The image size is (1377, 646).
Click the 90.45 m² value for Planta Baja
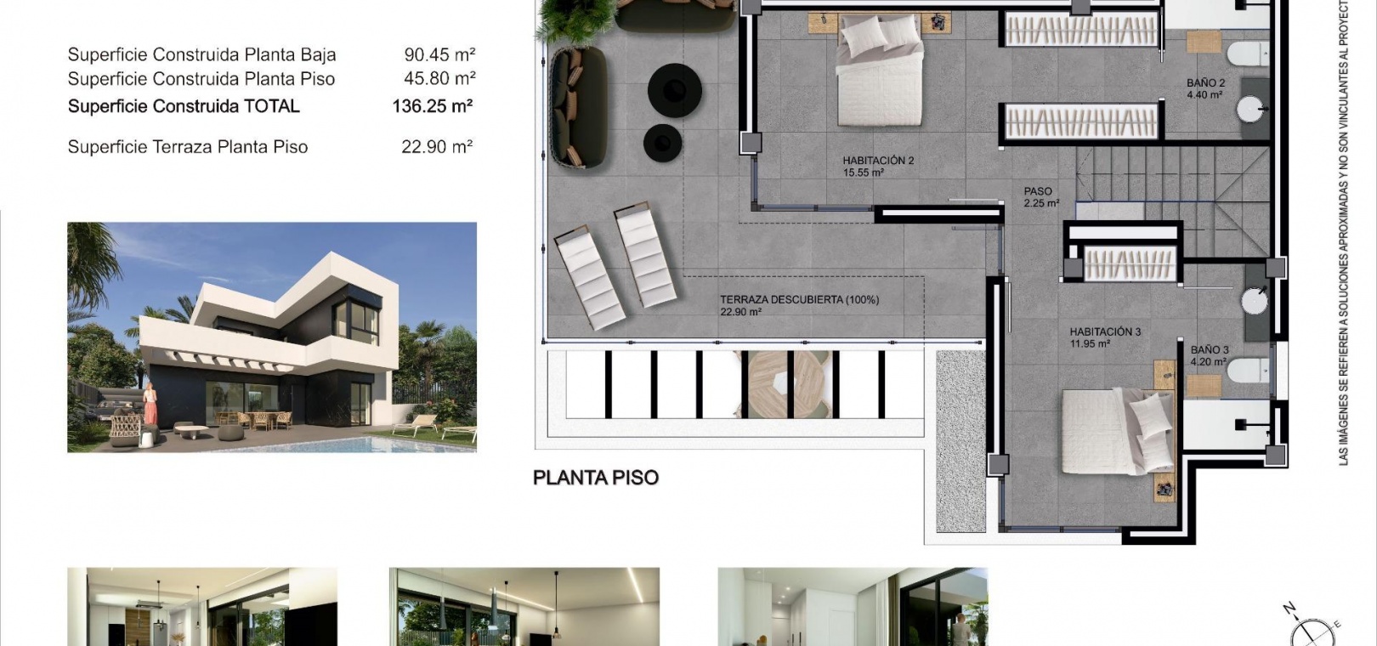(439, 54)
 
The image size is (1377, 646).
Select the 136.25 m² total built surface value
(432, 106)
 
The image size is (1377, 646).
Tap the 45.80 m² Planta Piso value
(439, 79)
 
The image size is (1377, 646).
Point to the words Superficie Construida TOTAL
(184, 106)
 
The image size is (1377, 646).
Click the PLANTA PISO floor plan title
(596, 478)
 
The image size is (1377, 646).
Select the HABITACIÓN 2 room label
(878, 161)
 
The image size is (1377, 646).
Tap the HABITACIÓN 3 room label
(1105, 331)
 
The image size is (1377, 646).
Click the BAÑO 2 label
(1206, 83)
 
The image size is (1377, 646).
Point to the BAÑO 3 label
(1210, 350)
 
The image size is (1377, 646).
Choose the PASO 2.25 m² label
(1041, 196)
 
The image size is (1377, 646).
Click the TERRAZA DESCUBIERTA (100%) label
(799, 300)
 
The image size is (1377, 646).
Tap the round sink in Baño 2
(1251, 110)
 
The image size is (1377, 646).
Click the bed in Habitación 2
(880, 70)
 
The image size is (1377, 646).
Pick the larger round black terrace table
(674, 90)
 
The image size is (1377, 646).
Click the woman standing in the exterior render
(150, 404)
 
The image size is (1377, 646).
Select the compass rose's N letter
(1289, 609)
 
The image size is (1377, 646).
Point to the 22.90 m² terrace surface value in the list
(437, 147)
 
